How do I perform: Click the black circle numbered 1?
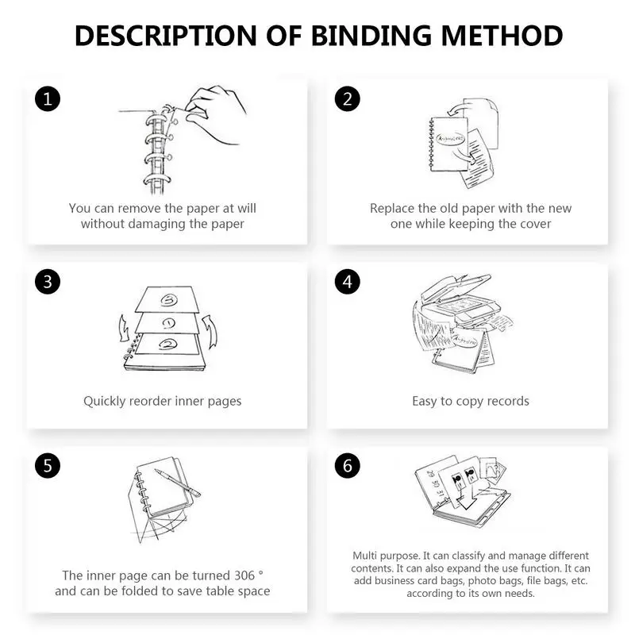click(x=47, y=100)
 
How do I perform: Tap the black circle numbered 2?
click(x=348, y=100)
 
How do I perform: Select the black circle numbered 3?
click(x=47, y=282)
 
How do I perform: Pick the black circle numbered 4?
click(x=348, y=282)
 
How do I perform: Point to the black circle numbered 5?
click(x=47, y=466)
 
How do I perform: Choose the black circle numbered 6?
click(x=348, y=466)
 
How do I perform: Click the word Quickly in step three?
click(x=106, y=401)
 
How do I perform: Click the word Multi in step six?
click(x=367, y=556)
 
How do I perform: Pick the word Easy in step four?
click(x=425, y=401)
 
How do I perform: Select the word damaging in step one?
click(x=160, y=224)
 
